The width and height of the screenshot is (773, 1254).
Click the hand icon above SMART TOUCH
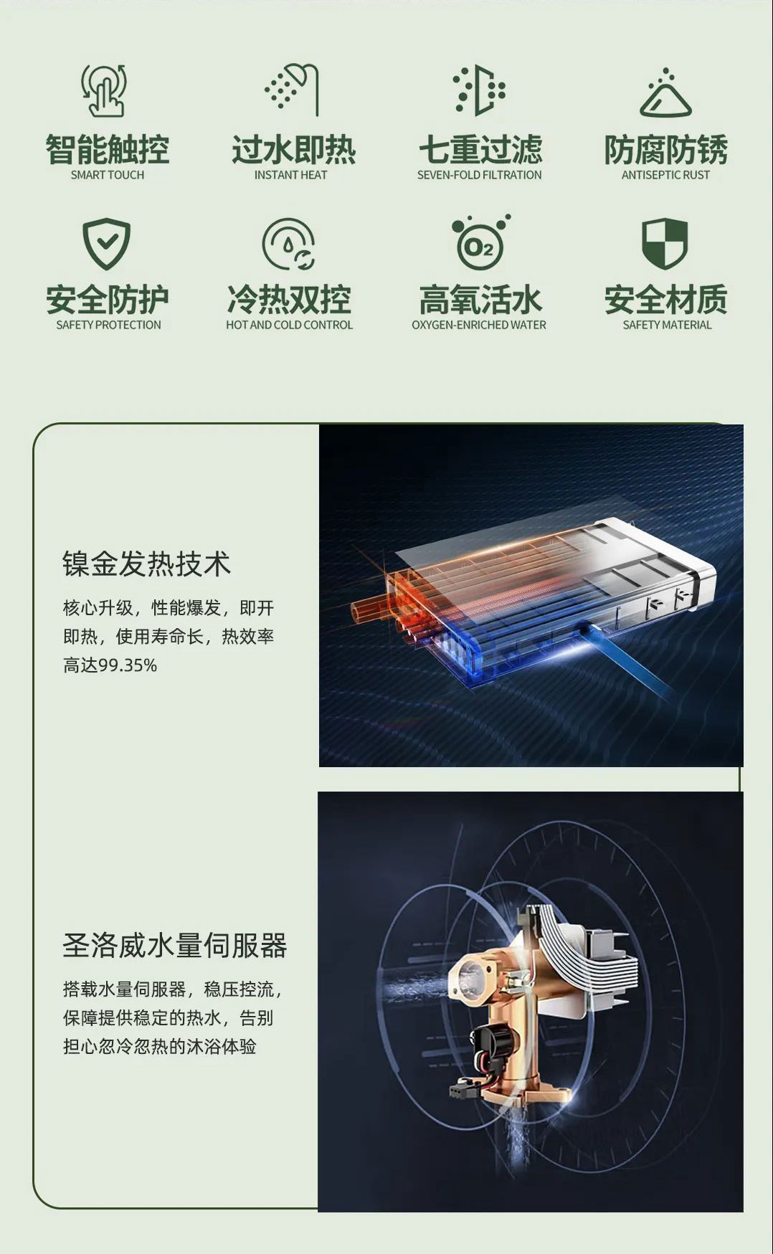(x=105, y=90)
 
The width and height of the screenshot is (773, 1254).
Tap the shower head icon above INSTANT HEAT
(x=292, y=90)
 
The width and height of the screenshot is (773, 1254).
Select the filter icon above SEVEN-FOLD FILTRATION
(x=480, y=90)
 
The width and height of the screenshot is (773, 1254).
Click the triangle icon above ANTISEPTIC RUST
(x=665, y=93)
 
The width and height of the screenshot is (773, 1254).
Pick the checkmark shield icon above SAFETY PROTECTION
(x=106, y=243)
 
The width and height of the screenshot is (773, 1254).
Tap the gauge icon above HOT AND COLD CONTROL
(x=289, y=244)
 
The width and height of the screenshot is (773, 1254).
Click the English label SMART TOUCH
(x=108, y=175)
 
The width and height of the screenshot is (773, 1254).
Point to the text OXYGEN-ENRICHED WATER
(x=479, y=325)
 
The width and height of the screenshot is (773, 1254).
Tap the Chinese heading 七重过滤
(x=480, y=150)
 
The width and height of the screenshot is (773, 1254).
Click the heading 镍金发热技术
(x=146, y=564)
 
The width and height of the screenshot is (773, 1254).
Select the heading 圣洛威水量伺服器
(x=174, y=945)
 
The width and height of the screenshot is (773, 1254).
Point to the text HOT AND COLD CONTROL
(x=289, y=325)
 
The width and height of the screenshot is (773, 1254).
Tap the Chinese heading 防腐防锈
(x=665, y=150)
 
